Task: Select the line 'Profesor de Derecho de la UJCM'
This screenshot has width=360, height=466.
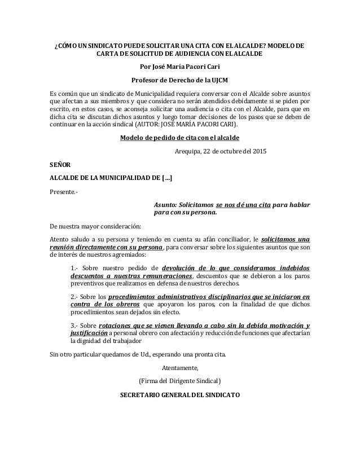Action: click(x=180, y=80)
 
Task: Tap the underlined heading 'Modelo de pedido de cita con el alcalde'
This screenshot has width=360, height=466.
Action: click(x=180, y=138)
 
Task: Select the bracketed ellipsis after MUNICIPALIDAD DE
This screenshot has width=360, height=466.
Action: click(x=167, y=178)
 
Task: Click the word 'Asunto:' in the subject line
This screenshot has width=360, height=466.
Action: click(x=169, y=205)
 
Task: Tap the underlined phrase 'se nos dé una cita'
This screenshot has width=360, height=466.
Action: click(x=243, y=205)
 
